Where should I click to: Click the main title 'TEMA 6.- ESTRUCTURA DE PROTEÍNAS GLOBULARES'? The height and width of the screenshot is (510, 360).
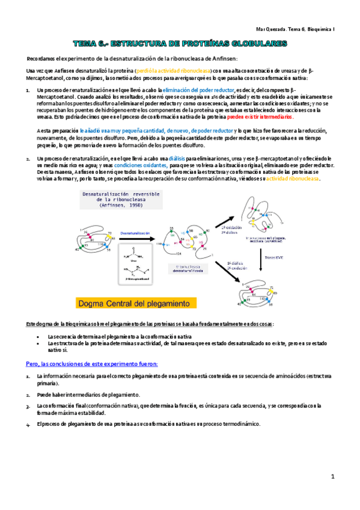coord(180,44)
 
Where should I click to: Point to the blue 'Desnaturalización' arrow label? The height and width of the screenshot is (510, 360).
coord(135,231)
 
